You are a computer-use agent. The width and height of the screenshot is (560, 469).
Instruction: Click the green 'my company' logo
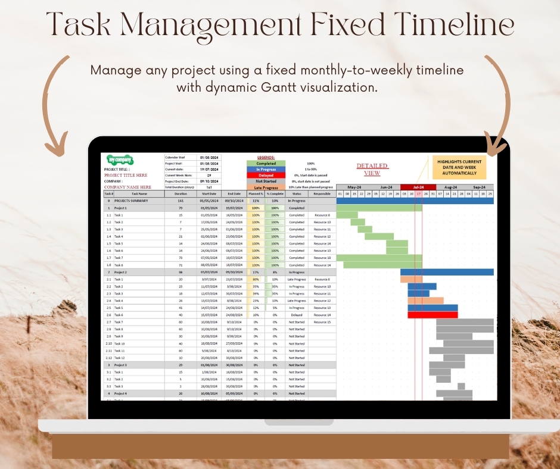120,161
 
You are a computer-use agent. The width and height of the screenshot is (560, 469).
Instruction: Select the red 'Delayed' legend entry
266,175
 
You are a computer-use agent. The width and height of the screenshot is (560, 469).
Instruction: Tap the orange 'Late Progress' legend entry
266,187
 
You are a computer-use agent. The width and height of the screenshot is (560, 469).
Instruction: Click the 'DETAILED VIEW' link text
372,170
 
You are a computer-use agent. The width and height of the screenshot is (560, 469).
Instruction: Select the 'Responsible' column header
322,193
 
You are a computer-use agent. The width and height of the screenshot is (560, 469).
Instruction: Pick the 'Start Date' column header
209,193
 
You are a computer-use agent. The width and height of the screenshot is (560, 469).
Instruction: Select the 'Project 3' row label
120,365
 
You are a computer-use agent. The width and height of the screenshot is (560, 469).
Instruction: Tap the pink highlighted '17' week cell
419,193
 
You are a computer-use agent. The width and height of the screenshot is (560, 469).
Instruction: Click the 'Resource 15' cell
322,322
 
